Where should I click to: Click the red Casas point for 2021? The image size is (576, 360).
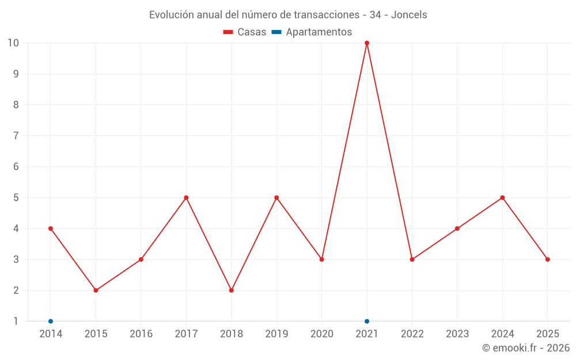click(367, 43)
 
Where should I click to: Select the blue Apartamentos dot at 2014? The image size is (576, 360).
click(51, 321)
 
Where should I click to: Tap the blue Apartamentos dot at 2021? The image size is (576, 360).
click(367, 321)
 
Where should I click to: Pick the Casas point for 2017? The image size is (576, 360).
click(186, 198)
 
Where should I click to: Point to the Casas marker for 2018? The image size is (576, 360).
click(232, 290)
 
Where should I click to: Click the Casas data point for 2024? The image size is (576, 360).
click(502, 198)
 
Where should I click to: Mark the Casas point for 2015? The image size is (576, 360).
click(96, 290)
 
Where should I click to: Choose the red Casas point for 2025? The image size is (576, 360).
click(548, 259)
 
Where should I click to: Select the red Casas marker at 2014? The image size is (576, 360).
click(51, 229)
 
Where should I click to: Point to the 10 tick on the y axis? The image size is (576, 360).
click(13, 43)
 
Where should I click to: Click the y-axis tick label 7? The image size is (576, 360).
click(16, 136)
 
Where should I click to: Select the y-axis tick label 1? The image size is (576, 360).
click(16, 321)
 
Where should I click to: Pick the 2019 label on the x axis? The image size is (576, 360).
click(276, 334)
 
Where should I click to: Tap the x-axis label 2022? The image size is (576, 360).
click(412, 334)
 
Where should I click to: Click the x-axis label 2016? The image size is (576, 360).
click(141, 334)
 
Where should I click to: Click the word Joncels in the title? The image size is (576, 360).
click(409, 15)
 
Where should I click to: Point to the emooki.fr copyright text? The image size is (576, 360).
click(526, 348)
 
